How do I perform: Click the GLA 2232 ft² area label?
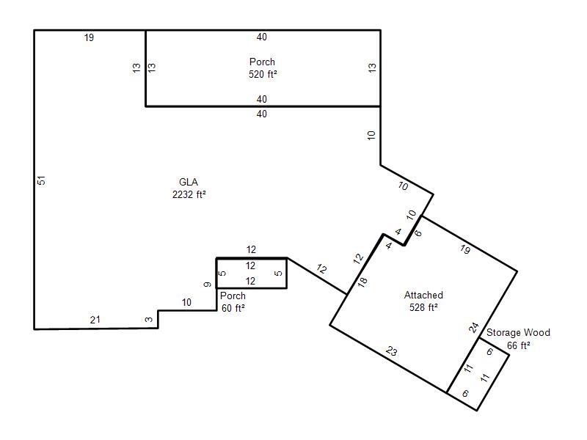[x=189, y=188]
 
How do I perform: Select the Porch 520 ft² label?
[x=263, y=67]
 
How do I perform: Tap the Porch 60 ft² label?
[x=233, y=302]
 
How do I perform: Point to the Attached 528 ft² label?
[x=423, y=301]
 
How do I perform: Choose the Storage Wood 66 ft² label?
[x=518, y=339]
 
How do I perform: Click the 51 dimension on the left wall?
[x=42, y=180]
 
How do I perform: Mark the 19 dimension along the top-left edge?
[x=89, y=37]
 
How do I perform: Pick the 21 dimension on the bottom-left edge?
[x=95, y=320]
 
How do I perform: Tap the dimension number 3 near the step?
[x=149, y=320]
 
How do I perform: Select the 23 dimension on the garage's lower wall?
[x=391, y=351]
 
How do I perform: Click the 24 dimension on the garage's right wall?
[x=474, y=328]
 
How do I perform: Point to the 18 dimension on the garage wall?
[x=362, y=282]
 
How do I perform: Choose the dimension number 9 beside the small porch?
[x=208, y=285]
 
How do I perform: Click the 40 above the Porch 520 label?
[x=262, y=37]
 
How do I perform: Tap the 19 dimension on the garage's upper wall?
[x=465, y=249]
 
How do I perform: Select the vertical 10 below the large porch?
[x=371, y=135]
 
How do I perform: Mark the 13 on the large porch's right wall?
[x=372, y=67]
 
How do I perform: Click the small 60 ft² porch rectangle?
[x=252, y=273]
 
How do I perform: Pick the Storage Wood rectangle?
[x=478, y=374]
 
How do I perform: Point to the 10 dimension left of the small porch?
[x=186, y=302]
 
